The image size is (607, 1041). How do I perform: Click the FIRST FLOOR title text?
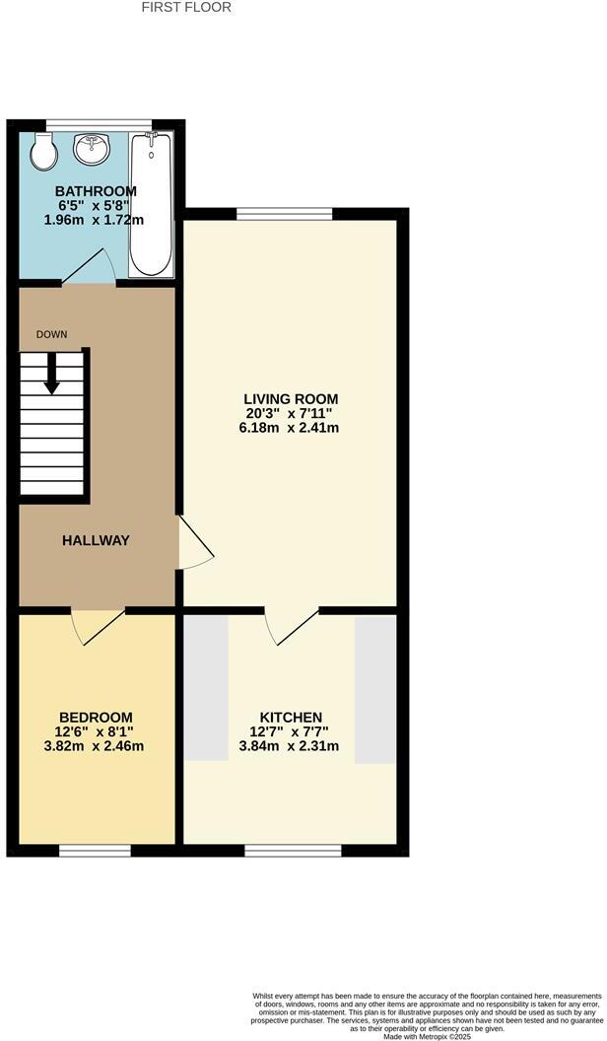click(x=186, y=8)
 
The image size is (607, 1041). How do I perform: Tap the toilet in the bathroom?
click(x=43, y=151)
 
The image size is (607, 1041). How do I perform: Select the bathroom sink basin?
click(x=92, y=149)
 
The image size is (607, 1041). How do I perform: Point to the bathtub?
click(x=151, y=204)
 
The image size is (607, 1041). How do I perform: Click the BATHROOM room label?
click(x=96, y=191)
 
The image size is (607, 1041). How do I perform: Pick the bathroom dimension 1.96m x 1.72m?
click(x=96, y=221)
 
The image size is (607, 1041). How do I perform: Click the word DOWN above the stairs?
click(x=52, y=335)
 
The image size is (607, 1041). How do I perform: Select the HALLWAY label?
click(x=97, y=540)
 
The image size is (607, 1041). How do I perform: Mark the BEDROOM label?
click(x=96, y=717)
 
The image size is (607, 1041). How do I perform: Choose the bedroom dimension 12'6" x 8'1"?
click(x=96, y=731)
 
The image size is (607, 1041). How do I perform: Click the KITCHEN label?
click(x=291, y=717)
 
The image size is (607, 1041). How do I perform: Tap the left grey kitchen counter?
click(x=206, y=687)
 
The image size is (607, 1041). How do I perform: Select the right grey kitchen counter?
click(x=374, y=688)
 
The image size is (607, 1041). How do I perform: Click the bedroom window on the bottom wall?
click(x=95, y=850)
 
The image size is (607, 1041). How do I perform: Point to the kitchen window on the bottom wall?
click(x=293, y=850)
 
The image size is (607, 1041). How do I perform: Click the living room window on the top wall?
click(x=284, y=214)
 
